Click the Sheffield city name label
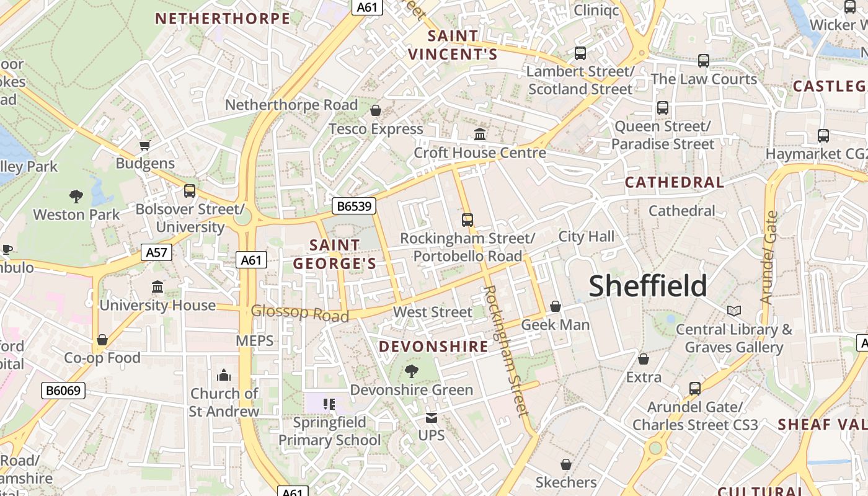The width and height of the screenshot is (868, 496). (648, 286)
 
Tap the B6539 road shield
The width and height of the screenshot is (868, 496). (354, 205)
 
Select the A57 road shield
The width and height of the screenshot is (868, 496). (156, 252)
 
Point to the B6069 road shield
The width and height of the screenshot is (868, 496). (63, 390)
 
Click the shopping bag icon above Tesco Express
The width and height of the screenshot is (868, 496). (375, 111)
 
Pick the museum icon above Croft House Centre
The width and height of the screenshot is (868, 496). (480, 134)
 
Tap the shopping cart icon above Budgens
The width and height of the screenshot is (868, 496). (145, 146)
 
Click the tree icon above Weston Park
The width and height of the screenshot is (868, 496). (76, 197)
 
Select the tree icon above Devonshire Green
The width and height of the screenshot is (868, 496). (411, 371)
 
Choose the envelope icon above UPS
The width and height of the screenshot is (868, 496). (432, 418)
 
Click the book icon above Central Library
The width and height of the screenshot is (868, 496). (734, 311)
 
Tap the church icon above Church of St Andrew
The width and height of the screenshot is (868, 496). (224, 375)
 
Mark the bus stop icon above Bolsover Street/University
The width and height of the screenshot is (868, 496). (190, 191)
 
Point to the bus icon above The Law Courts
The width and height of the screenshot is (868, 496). (704, 61)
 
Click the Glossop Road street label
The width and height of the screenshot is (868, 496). (300, 313)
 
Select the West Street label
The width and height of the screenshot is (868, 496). (433, 312)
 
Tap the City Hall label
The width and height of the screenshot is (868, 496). (587, 236)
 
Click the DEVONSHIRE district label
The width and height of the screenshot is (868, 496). (434, 347)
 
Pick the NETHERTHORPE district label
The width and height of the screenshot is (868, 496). (223, 19)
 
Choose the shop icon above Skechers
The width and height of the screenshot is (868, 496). (565, 464)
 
